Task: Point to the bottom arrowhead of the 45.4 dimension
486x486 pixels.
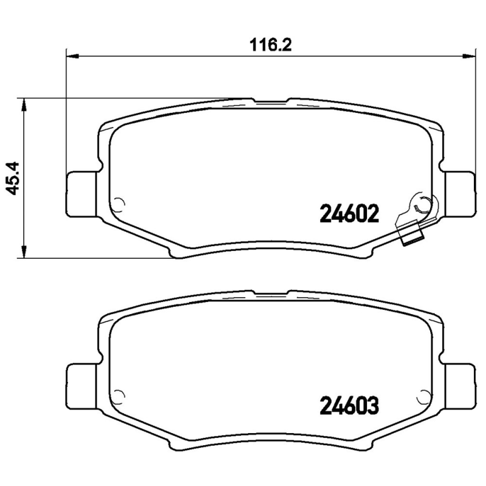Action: coord(24,250)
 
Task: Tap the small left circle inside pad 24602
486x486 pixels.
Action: coord(120,204)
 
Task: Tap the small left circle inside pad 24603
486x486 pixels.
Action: coord(120,394)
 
